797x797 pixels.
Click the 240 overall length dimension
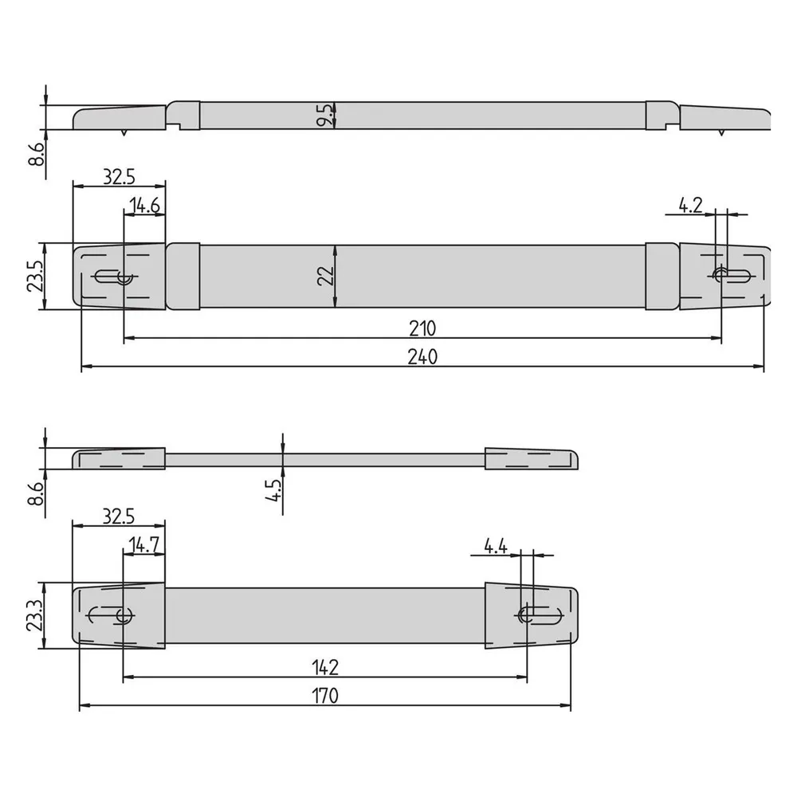point(422,357)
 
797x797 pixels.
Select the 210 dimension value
point(422,329)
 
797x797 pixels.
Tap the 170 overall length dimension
point(325,695)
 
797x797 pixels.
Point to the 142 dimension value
point(325,667)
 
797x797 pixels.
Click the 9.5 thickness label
point(325,115)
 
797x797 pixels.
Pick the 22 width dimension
point(325,276)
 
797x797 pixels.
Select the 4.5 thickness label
point(273,490)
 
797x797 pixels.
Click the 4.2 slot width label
point(690,206)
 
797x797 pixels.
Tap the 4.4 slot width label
point(495,547)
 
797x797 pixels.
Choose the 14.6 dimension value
point(144,206)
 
